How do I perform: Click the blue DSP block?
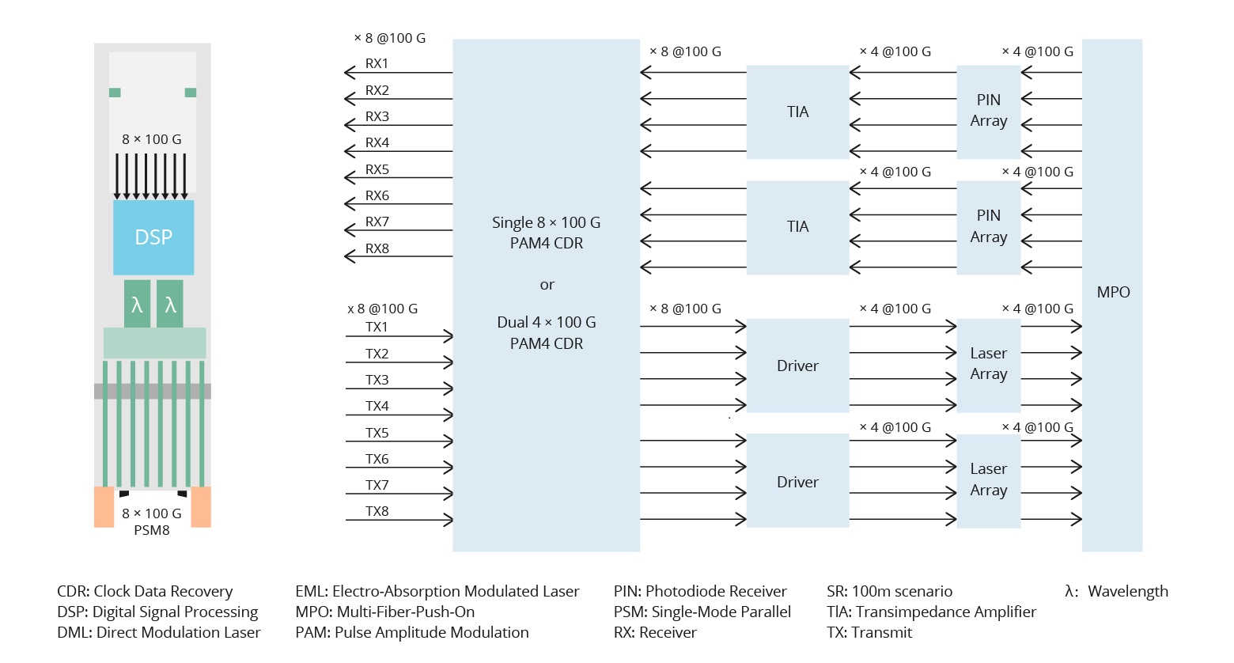pos(153,237)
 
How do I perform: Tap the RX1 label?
pos(377,63)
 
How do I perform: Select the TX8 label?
pos(377,511)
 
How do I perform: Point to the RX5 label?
pos(377,169)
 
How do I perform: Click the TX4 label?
pos(377,406)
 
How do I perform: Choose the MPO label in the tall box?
pos(1113,292)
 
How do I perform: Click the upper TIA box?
pos(797,112)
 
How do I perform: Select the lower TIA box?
pos(797,227)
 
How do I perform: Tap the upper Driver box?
pos(797,366)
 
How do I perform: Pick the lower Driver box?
pos(797,482)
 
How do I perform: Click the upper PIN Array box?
pos(988,111)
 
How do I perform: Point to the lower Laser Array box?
pos(988,479)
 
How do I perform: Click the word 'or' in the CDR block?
pos(547,285)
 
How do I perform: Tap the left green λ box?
pos(137,304)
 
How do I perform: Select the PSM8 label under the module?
pos(151,530)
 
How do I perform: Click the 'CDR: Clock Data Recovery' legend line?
pos(145,591)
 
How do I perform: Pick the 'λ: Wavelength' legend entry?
pos(1116,591)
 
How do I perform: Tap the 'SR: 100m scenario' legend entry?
pos(889,591)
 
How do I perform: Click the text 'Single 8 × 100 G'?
pos(546,222)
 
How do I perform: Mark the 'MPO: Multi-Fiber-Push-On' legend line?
pos(384,612)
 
